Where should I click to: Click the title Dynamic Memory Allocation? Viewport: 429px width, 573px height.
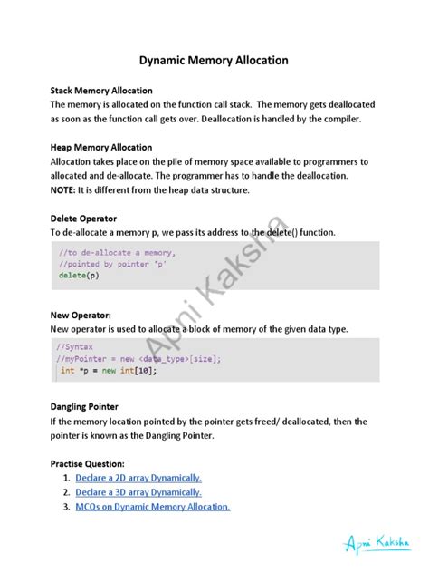click(x=214, y=61)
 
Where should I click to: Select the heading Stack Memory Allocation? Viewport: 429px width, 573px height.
click(x=101, y=91)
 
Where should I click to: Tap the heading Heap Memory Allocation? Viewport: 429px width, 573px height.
click(x=100, y=147)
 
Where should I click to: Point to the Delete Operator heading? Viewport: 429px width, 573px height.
click(x=84, y=219)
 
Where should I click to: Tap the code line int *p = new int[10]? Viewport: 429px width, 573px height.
click(x=107, y=370)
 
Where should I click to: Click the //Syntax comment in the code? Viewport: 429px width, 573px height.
click(x=74, y=346)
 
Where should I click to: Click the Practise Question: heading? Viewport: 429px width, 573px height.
click(x=92, y=463)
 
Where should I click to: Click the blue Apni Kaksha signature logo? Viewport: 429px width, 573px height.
click(x=376, y=543)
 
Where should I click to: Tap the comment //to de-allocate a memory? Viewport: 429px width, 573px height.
click(x=117, y=252)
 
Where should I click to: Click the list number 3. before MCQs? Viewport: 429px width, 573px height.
click(x=67, y=507)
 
